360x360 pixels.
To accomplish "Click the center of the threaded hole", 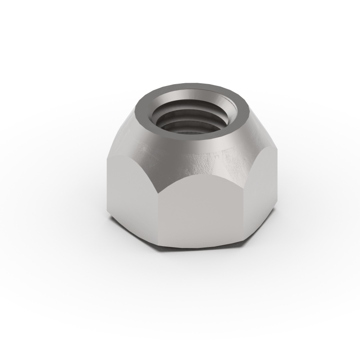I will [x=192, y=118].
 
